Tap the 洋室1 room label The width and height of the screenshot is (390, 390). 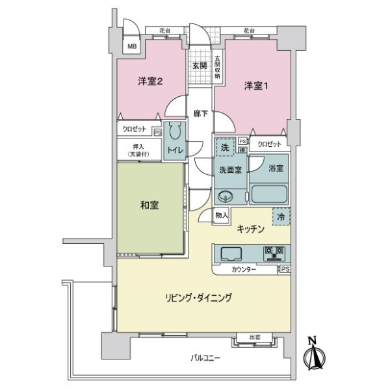click(x=256, y=85)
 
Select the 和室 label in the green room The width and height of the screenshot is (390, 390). click(x=149, y=205)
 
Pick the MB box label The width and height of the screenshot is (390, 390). click(x=132, y=47)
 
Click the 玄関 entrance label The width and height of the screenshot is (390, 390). click(x=200, y=66)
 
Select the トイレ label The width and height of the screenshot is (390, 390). click(x=175, y=150)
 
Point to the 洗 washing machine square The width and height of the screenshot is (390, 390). click(x=225, y=148)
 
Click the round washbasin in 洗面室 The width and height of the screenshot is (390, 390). click(x=225, y=196)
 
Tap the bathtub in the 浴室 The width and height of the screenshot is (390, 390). click(x=268, y=194)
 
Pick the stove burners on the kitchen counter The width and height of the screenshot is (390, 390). click(x=273, y=252)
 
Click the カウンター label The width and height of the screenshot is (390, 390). click(x=244, y=269)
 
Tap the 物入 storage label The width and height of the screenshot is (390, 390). click(x=221, y=215)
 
